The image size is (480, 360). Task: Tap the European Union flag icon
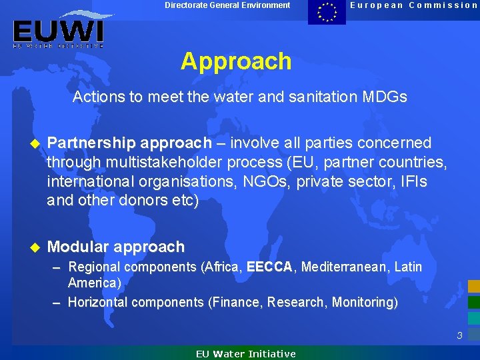tap(327, 12)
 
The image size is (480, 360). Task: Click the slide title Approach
tap(236, 61)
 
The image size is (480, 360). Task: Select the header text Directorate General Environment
tap(227, 5)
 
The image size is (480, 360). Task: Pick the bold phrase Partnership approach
tap(129, 143)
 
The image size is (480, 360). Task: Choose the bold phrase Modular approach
tap(116, 247)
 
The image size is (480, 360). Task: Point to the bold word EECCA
tap(269, 267)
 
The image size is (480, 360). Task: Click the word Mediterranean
tap(344, 267)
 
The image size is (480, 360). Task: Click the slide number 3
tap(459, 335)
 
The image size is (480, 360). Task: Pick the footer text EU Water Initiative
tap(245, 354)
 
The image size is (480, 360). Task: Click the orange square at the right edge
tap(473, 286)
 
